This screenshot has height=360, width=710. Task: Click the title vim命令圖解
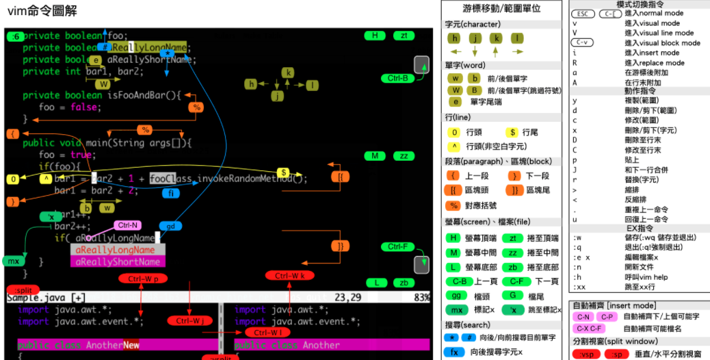(x=42, y=11)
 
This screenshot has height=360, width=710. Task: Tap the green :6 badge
(x=16, y=36)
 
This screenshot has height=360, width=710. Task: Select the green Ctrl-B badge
(x=397, y=78)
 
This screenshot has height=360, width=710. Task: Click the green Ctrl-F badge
(x=397, y=246)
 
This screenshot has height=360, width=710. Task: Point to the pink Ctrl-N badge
(x=127, y=225)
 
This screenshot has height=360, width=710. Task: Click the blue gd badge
(x=170, y=226)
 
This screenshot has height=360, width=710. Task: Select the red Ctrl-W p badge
(x=142, y=279)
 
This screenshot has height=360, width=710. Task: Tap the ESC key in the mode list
(x=582, y=14)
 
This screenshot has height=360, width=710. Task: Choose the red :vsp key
(x=587, y=354)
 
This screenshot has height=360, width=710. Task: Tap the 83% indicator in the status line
(x=421, y=298)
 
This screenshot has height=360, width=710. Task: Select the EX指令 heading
(x=639, y=228)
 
